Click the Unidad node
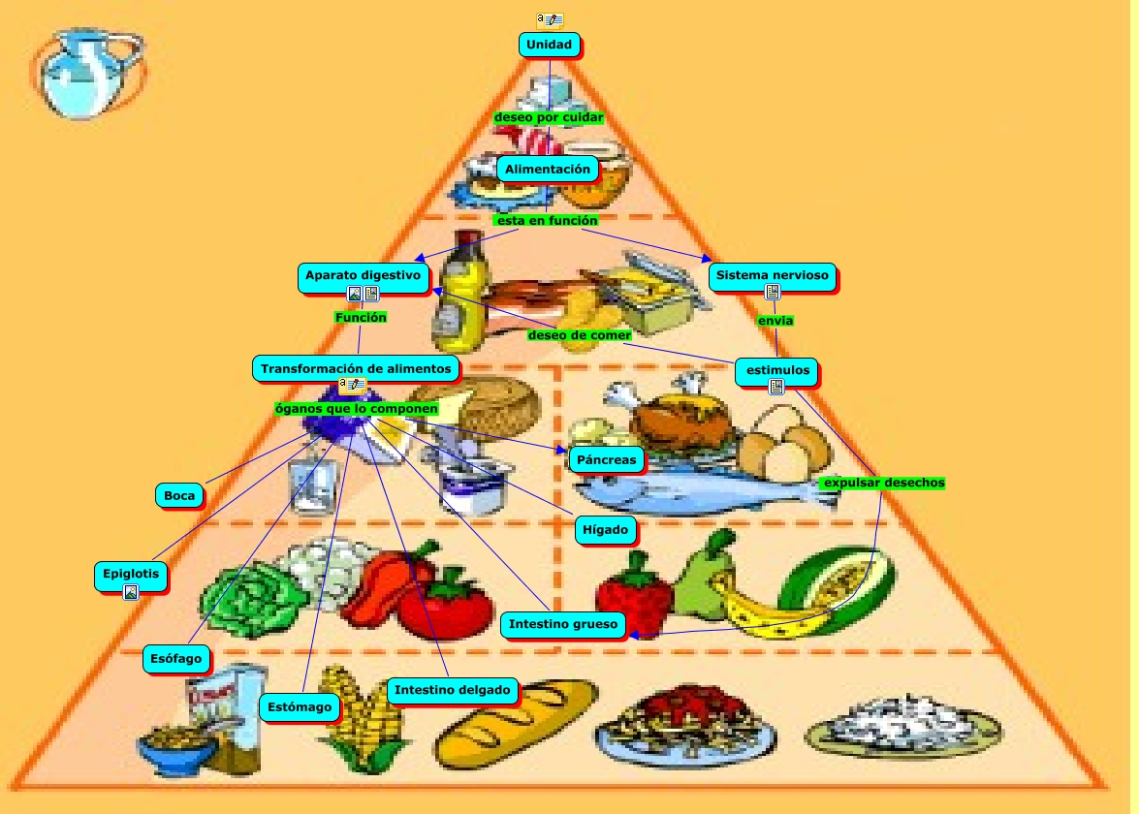click(x=550, y=45)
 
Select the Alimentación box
click(x=548, y=169)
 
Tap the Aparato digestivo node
click(x=364, y=276)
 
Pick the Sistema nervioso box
click(x=772, y=276)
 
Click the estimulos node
click(x=776, y=370)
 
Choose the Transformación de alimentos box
click(x=356, y=368)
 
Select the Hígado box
click(x=607, y=530)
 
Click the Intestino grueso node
click(x=563, y=624)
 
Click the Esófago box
click(x=176, y=660)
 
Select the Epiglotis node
click(x=131, y=574)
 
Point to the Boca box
click(x=179, y=495)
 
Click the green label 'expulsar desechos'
click(x=883, y=483)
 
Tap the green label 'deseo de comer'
click(x=580, y=335)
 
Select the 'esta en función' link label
click(x=546, y=221)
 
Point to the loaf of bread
click(x=517, y=722)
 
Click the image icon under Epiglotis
click(x=131, y=592)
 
